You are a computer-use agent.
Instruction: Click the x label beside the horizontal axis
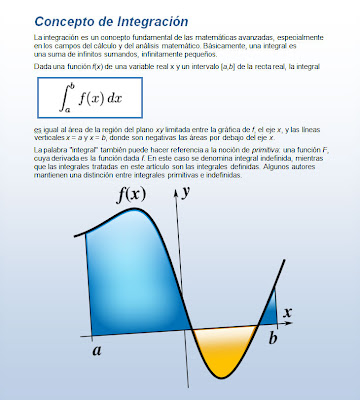coord(286,313)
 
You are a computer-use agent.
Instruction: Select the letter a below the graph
coord(97,351)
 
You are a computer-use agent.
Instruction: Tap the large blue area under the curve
coord(130,280)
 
